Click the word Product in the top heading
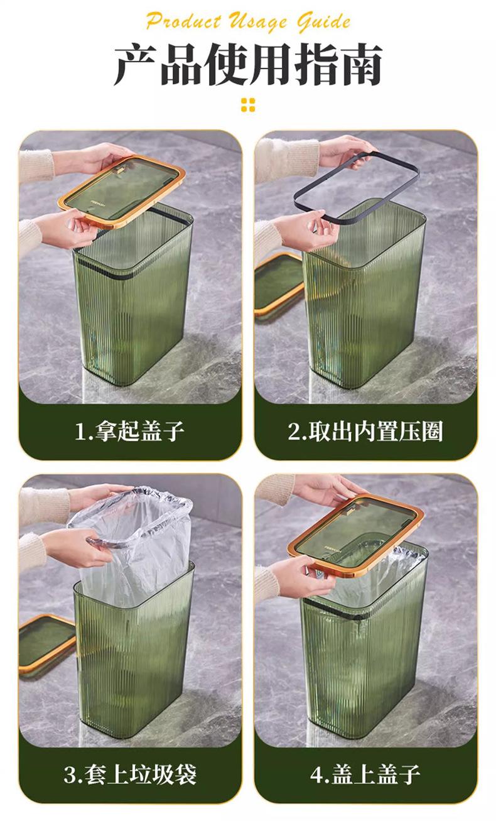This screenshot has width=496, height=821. pyautogui.click(x=183, y=21)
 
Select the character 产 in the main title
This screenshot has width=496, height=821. pyautogui.click(x=136, y=65)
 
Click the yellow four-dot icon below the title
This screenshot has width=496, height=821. pyautogui.click(x=248, y=105)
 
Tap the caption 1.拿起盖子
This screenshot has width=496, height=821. pyautogui.click(x=129, y=431)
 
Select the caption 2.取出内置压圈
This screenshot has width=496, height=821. pyautogui.click(x=365, y=431)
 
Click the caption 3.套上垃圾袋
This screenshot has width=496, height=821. pyautogui.click(x=130, y=775)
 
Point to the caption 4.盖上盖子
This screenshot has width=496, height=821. pyautogui.click(x=365, y=775)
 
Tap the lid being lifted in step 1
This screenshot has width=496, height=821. pyautogui.click(x=122, y=190)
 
